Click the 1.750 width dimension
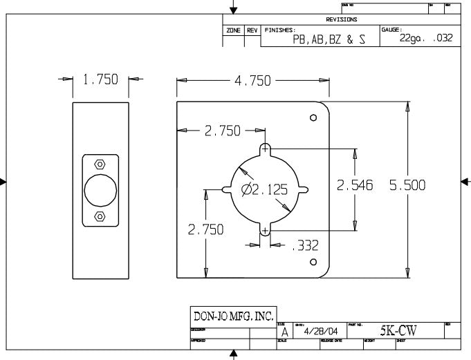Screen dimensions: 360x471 pos(101,80)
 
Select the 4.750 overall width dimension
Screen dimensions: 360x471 pos(252,81)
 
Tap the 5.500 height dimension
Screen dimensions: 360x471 pos(407,186)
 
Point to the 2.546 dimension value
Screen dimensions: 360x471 pos(354,186)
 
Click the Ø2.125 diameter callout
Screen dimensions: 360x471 pos(264,190)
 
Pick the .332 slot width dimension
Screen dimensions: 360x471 pos(303,244)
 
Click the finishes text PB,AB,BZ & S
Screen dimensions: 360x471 pos(329,39)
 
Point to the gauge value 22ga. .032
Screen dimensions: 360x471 pos(426,38)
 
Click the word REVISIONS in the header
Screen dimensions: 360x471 pos(342,20)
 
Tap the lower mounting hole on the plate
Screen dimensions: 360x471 pos(313,262)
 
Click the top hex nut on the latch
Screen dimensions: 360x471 pos(100,164)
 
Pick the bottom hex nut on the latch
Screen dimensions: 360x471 pos(100,216)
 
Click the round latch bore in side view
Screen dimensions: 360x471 pos(100,190)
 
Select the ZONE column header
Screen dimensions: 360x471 pos(233,31)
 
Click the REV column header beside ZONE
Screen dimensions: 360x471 pos(252,31)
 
